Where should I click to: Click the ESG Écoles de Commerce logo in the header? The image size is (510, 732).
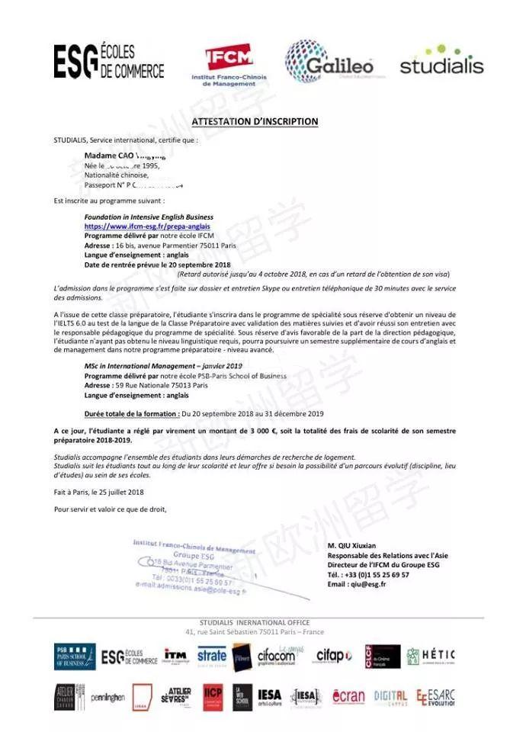[x=108, y=62]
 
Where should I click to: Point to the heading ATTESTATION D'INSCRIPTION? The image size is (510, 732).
[x=255, y=122]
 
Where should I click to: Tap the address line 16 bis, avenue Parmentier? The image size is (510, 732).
[x=175, y=246]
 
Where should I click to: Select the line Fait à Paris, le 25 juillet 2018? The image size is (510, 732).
[x=99, y=492]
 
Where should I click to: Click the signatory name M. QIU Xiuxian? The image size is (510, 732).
[x=351, y=546]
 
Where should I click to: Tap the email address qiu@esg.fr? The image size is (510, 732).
[x=367, y=584]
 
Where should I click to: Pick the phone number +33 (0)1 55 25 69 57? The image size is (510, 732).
[x=379, y=574]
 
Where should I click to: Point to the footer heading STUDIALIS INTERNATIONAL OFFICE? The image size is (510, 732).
[x=255, y=623]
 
